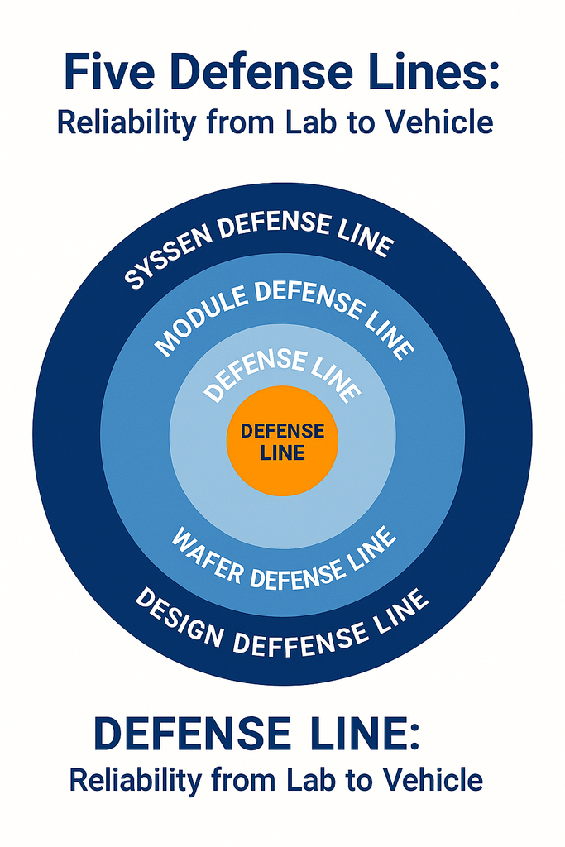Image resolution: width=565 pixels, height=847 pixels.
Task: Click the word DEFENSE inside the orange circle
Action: (282, 432)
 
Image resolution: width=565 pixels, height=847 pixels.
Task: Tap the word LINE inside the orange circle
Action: (282, 452)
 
